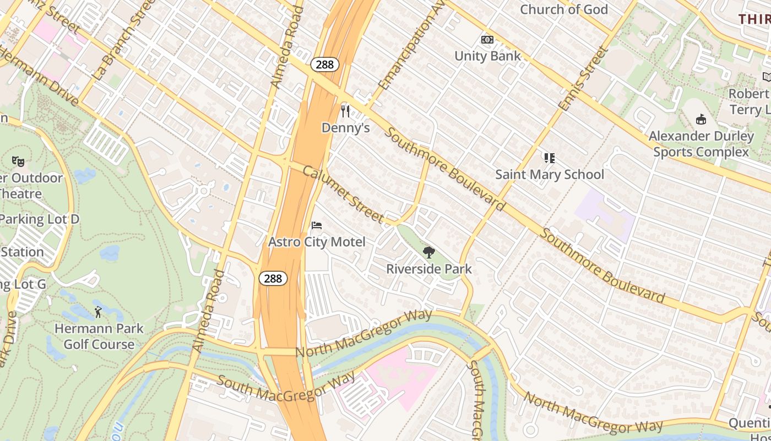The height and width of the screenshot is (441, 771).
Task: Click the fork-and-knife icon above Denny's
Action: point(345,111)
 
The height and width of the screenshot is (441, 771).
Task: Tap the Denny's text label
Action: point(345,128)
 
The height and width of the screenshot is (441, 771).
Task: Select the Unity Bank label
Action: point(487,56)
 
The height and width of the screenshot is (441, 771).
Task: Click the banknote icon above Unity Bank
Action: point(487,40)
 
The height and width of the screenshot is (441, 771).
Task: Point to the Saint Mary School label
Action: point(549,175)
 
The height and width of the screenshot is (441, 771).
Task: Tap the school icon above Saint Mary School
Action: point(549,158)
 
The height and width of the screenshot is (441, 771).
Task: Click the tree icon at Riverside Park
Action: point(428,253)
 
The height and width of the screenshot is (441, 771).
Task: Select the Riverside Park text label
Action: point(428,269)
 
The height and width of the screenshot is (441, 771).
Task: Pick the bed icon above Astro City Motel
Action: point(317,225)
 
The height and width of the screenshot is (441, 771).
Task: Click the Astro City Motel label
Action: point(317,242)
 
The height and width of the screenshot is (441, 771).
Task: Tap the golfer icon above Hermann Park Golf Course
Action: point(99,312)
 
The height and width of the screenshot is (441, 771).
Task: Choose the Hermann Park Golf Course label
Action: point(99,336)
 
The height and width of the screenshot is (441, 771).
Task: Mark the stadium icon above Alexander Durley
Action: point(701,119)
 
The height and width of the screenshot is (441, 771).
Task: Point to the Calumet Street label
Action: point(343,194)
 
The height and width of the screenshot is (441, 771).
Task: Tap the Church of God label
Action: point(563,9)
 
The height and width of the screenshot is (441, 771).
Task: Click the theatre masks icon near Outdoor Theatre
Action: point(18,162)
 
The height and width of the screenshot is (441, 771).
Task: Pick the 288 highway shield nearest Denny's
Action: point(325,64)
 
